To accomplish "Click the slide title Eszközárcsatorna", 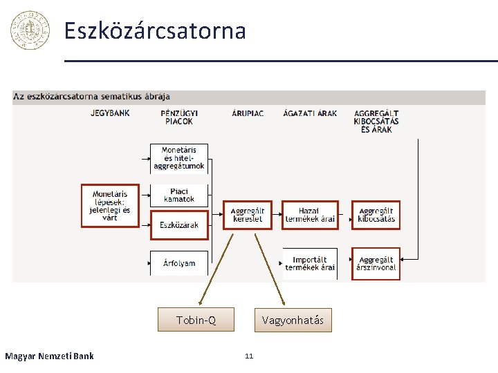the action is point(155,31).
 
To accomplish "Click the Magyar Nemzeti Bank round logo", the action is point(30,30).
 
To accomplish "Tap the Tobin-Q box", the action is point(196,320).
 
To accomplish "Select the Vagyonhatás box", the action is point(293,320).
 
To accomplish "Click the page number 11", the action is point(249,356).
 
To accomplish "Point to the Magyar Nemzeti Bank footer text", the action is point(49,356).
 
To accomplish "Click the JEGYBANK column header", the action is point(109,113).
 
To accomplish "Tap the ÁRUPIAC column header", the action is point(247,113).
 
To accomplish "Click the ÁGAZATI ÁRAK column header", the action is point(309,113).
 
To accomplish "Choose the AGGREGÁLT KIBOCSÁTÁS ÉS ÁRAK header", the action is point(376,121).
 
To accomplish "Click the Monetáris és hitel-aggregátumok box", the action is point(179,158).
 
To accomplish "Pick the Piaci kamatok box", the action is point(179,195).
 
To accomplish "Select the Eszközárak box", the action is point(179,225).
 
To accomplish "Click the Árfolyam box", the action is point(179,263).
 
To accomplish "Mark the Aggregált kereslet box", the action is point(247,215).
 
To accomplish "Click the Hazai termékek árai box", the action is point(310,215).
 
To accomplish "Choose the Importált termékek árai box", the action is point(310,263).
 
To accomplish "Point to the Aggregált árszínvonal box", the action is point(376,263).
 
